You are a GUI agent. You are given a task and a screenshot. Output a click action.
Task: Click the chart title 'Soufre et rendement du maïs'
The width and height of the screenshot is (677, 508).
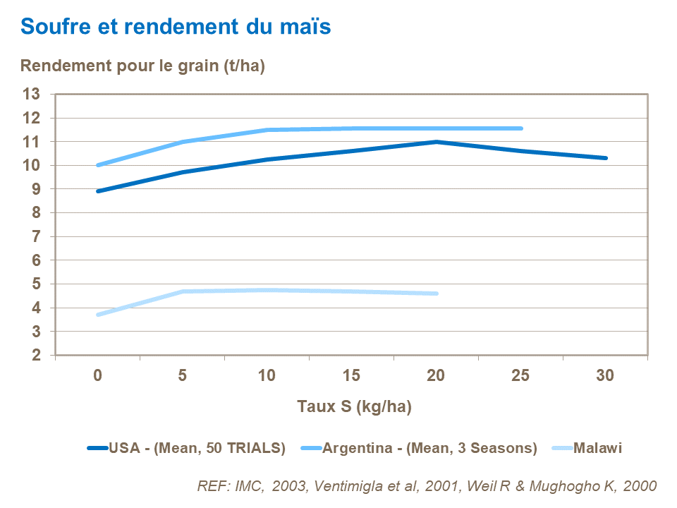[176, 27]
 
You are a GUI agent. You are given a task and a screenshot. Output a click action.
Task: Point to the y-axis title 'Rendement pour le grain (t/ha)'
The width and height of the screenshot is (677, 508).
[142, 66]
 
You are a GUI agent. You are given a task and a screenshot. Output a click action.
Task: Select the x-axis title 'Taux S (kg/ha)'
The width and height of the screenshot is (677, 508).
[354, 406]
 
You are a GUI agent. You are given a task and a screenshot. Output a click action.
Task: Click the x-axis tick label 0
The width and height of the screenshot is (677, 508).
[97, 376]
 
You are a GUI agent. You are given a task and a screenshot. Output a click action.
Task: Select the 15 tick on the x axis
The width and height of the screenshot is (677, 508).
[351, 376]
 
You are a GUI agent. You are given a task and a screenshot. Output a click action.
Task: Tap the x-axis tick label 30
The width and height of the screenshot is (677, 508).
[605, 376]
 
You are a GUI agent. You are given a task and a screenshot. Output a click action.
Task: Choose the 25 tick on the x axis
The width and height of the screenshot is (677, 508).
[520, 376]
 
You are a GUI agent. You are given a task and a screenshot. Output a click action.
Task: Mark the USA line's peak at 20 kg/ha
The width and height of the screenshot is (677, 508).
[436, 142]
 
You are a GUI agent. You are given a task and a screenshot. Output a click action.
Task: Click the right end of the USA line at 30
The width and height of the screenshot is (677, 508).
[605, 158]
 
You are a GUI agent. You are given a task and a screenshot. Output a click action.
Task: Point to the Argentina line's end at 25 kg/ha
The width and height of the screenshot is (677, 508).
[520, 128]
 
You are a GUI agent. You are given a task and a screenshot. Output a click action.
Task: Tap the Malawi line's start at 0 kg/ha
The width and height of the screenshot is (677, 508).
[98, 315]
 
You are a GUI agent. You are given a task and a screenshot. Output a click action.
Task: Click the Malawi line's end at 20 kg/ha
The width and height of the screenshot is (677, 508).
[436, 294]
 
